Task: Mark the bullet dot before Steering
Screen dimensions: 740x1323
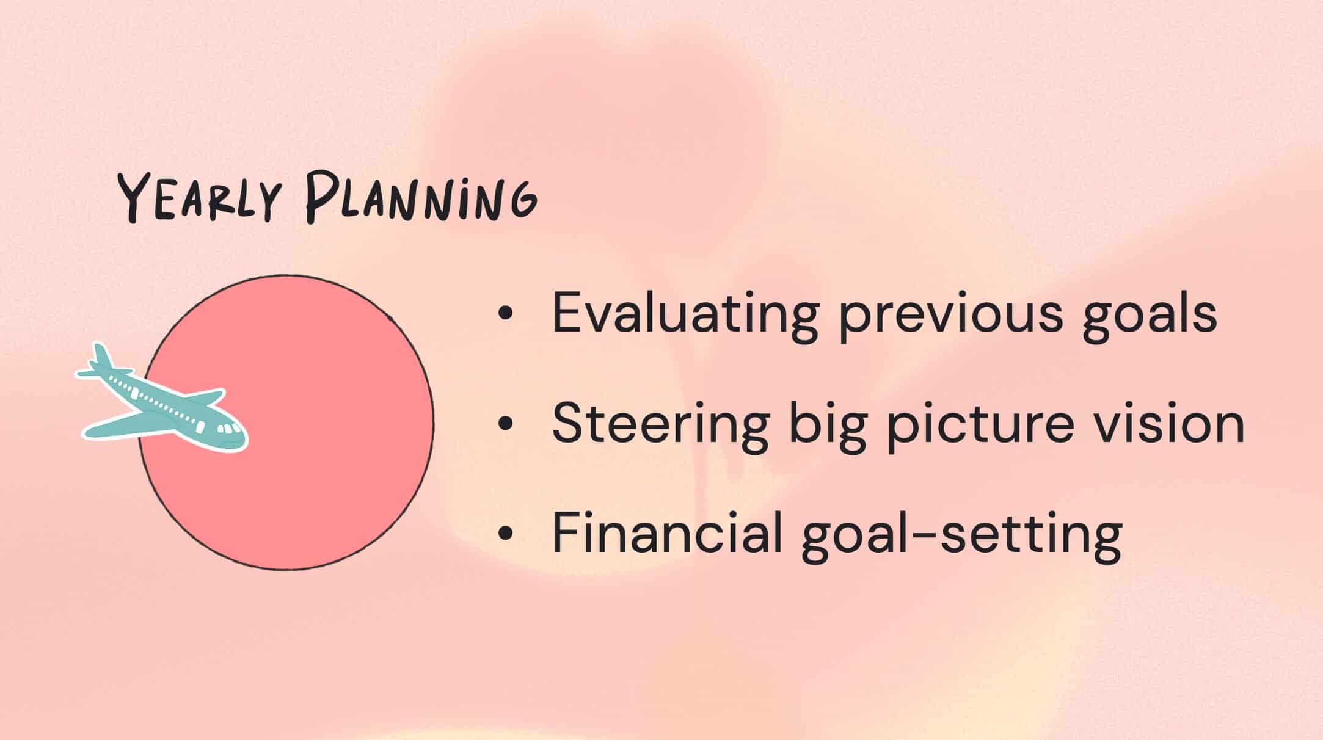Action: click(x=505, y=424)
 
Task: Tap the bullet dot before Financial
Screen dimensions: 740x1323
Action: click(x=505, y=533)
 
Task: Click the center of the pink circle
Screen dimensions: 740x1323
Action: click(x=286, y=423)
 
